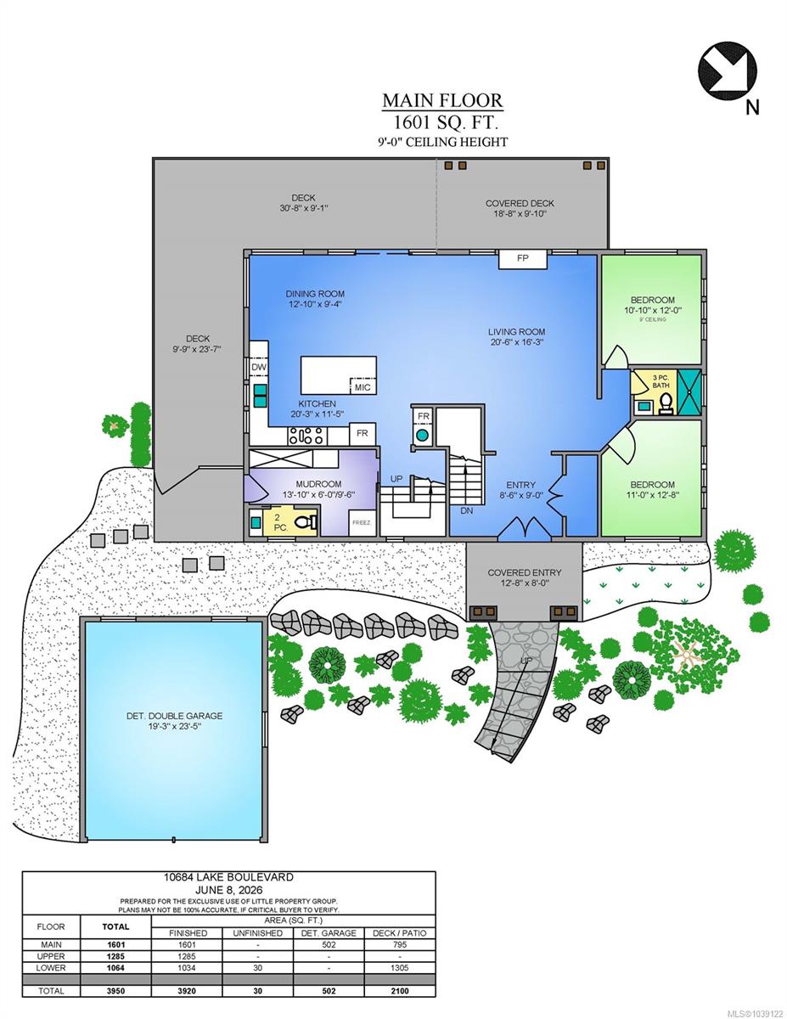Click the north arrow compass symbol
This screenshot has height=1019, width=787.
pos(728,71)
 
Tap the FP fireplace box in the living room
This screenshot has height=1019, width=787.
pos(523,259)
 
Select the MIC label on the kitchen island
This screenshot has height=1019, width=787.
pos(363,387)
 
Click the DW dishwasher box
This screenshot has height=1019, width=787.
pos(258,367)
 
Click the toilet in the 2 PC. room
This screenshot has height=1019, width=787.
pos(306,522)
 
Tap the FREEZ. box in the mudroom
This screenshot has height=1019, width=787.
pos(362,522)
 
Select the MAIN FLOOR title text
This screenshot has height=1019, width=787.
pos(442,100)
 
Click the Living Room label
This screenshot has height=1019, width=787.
pos(516,331)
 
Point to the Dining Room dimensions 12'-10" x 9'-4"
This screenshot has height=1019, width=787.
pos(315,304)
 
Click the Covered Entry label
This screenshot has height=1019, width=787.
pos(524,572)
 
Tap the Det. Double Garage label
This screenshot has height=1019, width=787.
pos(174,716)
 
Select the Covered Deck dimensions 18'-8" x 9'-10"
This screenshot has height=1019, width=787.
pos(520,214)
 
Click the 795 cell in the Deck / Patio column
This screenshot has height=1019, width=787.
pos(400,945)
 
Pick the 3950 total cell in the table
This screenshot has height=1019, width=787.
pos(115,991)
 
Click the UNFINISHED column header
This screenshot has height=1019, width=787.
pos(258,933)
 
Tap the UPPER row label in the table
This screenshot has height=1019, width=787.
pos(51,956)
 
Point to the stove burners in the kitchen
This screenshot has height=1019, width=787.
pos(306,436)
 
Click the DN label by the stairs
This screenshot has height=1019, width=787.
pos(466,511)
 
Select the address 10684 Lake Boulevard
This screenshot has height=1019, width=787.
pos(228,877)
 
